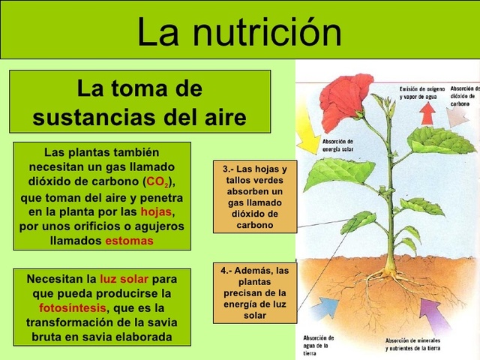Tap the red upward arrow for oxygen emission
tap(427, 113)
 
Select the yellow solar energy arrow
tap(307, 136)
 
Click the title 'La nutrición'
tap(239, 31)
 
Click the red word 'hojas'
tap(156, 211)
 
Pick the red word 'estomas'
tap(129, 241)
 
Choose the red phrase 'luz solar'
tap(124, 279)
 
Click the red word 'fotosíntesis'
tap(73, 308)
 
